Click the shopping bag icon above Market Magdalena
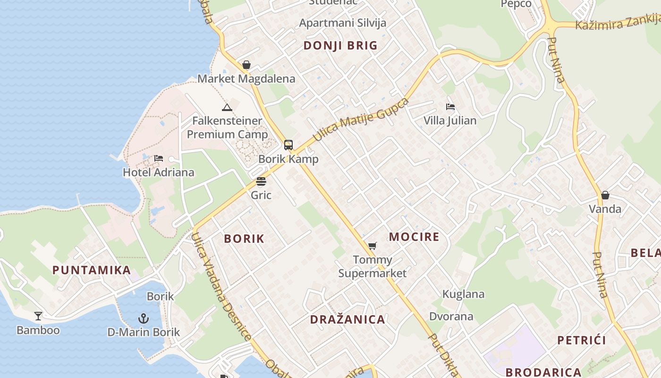point(246,65)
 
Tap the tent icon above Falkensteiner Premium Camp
point(227,107)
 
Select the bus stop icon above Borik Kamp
point(288,145)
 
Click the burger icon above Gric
point(261,181)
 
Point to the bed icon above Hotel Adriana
point(159,158)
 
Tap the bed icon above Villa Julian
point(450,107)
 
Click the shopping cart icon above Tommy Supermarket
point(373,246)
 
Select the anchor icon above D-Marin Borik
point(143,318)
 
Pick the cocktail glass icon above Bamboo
point(38,316)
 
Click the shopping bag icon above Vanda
point(605,195)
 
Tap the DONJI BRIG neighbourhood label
point(340,45)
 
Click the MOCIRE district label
point(414,237)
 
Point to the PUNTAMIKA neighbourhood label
point(92,270)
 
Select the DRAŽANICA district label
point(347,319)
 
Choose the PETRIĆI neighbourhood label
point(582,340)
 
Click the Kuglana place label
point(463,294)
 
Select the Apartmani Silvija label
point(343,23)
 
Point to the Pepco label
point(516,4)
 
